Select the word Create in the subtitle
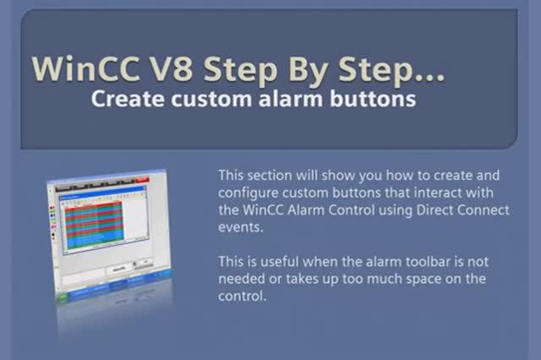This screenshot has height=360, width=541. tap(124, 99)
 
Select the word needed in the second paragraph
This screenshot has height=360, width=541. tap(243, 278)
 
